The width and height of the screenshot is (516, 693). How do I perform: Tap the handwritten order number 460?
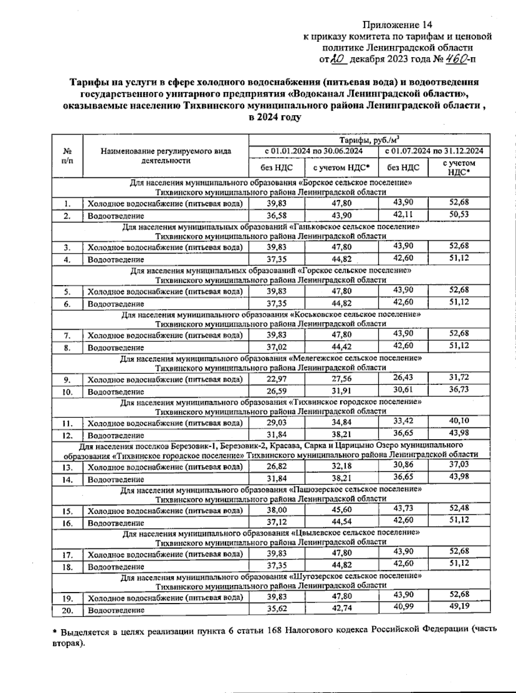[x=454, y=59]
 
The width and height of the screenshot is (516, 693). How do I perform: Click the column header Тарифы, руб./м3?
[x=369, y=140]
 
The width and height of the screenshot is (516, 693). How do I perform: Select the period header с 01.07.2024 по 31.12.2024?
[x=434, y=151]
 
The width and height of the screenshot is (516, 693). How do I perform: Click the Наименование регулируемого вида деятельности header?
[x=166, y=156]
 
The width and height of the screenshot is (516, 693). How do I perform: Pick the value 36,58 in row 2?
[x=276, y=215]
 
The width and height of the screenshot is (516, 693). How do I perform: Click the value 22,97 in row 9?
[x=276, y=379]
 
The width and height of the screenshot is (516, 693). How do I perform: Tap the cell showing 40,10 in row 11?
[x=459, y=421]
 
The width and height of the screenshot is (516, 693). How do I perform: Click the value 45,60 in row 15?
[x=341, y=510]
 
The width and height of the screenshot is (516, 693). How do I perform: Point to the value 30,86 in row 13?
[x=403, y=465]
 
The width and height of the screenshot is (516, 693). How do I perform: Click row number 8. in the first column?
[x=67, y=348]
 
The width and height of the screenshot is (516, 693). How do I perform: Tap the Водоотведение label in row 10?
[x=116, y=392]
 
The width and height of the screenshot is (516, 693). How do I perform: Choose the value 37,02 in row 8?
[x=276, y=347]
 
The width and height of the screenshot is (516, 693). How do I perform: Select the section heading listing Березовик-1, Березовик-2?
[x=270, y=445]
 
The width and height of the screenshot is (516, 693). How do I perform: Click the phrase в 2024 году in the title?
[x=275, y=117]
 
